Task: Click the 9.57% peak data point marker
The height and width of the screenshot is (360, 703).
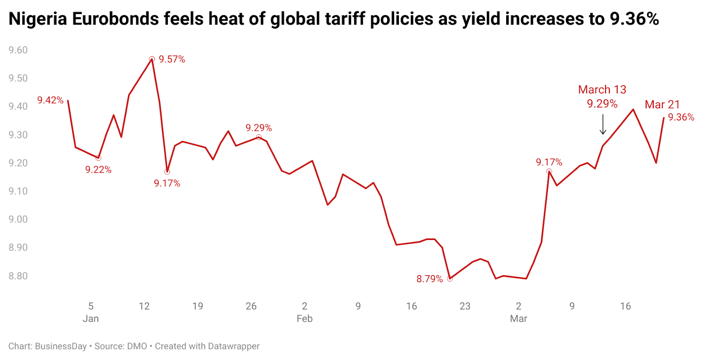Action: pyautogui.click(x=152, y=59)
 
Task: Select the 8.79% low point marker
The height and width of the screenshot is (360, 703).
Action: pyautogui.click(x=450, y=279)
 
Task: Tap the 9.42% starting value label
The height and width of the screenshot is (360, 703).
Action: pyautogui.click(x=51, y=100)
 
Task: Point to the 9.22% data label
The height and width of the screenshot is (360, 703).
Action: pyautogui.click(x=98, y=170)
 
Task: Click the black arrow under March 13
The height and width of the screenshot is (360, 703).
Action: pyautogui.click(x=603, y=124)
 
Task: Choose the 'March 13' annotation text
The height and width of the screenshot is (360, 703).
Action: pyautogui.click(x=602, y=90)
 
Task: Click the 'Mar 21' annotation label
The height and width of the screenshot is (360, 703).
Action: pyautogui.click(x=662, y=105)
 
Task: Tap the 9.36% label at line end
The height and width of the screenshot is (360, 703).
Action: pyautogui.click(x=681, y=117)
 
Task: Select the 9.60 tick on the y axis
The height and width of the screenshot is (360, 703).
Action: pyautogui.click(x=18, y=50)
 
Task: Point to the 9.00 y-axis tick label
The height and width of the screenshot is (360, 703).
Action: pyautogui.click(x=18, y=219)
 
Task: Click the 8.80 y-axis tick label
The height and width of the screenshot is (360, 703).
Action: pyautogui.click(x=18, y=276)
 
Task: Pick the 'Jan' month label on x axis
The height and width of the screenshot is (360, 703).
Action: pyautogui.click(x=91, y=319)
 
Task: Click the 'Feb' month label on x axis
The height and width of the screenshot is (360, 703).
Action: pyautogui.click(x=304, y=319)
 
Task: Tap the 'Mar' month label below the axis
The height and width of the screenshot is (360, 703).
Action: pyautogui.click(x=518, y=319)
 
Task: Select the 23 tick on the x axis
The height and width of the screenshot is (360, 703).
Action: pyautogui.click(x=465, y=306)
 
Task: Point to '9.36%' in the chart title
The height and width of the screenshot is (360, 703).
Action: pyautogui.click(x=634, y=19)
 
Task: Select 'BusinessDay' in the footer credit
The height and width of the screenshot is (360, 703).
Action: pyautogui.click(x=61, y=346)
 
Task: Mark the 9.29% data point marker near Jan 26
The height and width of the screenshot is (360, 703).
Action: pyautogui.click(x=259, y=138)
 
